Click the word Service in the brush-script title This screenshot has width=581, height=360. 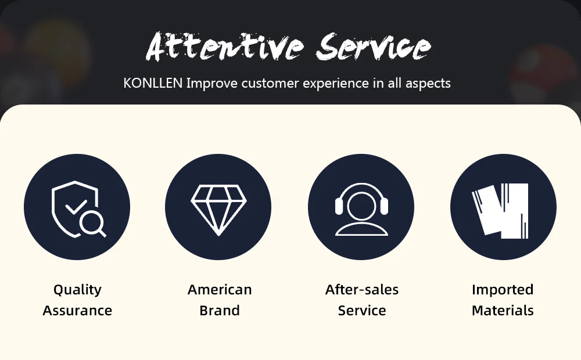(374, 46)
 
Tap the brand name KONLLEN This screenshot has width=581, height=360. (153, 83)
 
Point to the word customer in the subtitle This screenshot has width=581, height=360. (270, 83)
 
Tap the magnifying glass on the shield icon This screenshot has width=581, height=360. (92, 225)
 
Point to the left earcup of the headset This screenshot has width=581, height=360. (339, 206)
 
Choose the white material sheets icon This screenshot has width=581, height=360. (500, 211)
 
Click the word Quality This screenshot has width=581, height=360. (77, 290)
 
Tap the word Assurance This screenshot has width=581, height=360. (77, 311)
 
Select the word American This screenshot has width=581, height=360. (220, 290)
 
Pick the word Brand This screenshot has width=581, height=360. (220, 311)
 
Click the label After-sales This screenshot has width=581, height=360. (362, 290)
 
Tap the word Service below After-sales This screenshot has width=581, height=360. (362, 311)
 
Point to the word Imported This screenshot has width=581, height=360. (503, 290)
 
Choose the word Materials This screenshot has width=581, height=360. (503, 311)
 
